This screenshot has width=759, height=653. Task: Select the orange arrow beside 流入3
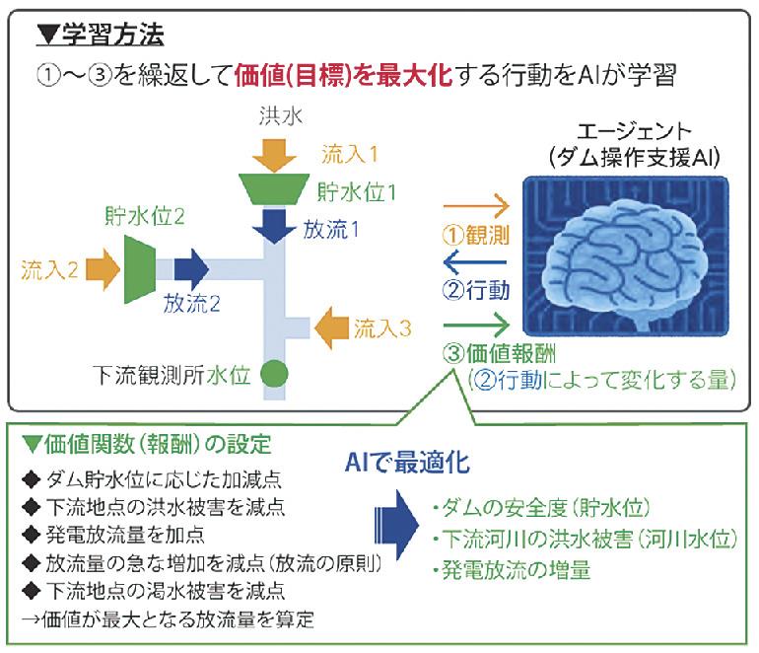tap(330, 325)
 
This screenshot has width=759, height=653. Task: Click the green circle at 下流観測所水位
tap(274, 374)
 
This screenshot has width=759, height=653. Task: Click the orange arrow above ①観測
tap(477, 208)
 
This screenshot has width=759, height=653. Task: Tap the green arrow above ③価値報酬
tap(477, 324)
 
